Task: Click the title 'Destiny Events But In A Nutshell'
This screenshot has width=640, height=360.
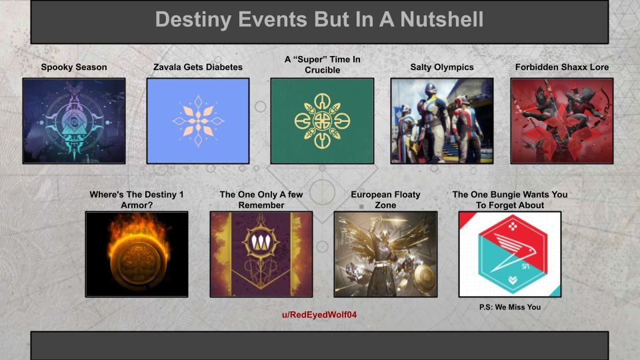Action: (319, 19)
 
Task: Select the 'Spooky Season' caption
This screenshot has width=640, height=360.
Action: (73, 67)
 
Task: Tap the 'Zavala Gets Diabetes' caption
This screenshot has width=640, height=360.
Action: (198, 67)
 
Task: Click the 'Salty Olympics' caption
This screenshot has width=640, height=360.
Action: (442, 67)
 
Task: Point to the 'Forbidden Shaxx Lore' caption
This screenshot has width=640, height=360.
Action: (561, 67)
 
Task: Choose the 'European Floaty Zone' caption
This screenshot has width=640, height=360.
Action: (385, 200)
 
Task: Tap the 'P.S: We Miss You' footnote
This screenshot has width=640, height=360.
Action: (509, 307)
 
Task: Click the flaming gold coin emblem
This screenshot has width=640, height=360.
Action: (137, 255)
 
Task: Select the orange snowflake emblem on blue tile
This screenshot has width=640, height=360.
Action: (198, 121)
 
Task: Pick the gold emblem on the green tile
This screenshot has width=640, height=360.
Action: (322, 121)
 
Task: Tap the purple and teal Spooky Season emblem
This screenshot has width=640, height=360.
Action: (73, 121)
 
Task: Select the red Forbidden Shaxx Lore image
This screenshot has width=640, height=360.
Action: (561, 121)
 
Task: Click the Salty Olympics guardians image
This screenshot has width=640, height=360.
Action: (442, 121)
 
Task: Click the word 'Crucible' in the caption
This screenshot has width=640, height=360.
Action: (322, 70)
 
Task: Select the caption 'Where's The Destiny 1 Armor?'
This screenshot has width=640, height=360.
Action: (137, 200)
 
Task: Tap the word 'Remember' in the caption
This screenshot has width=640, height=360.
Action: (261, 205)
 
